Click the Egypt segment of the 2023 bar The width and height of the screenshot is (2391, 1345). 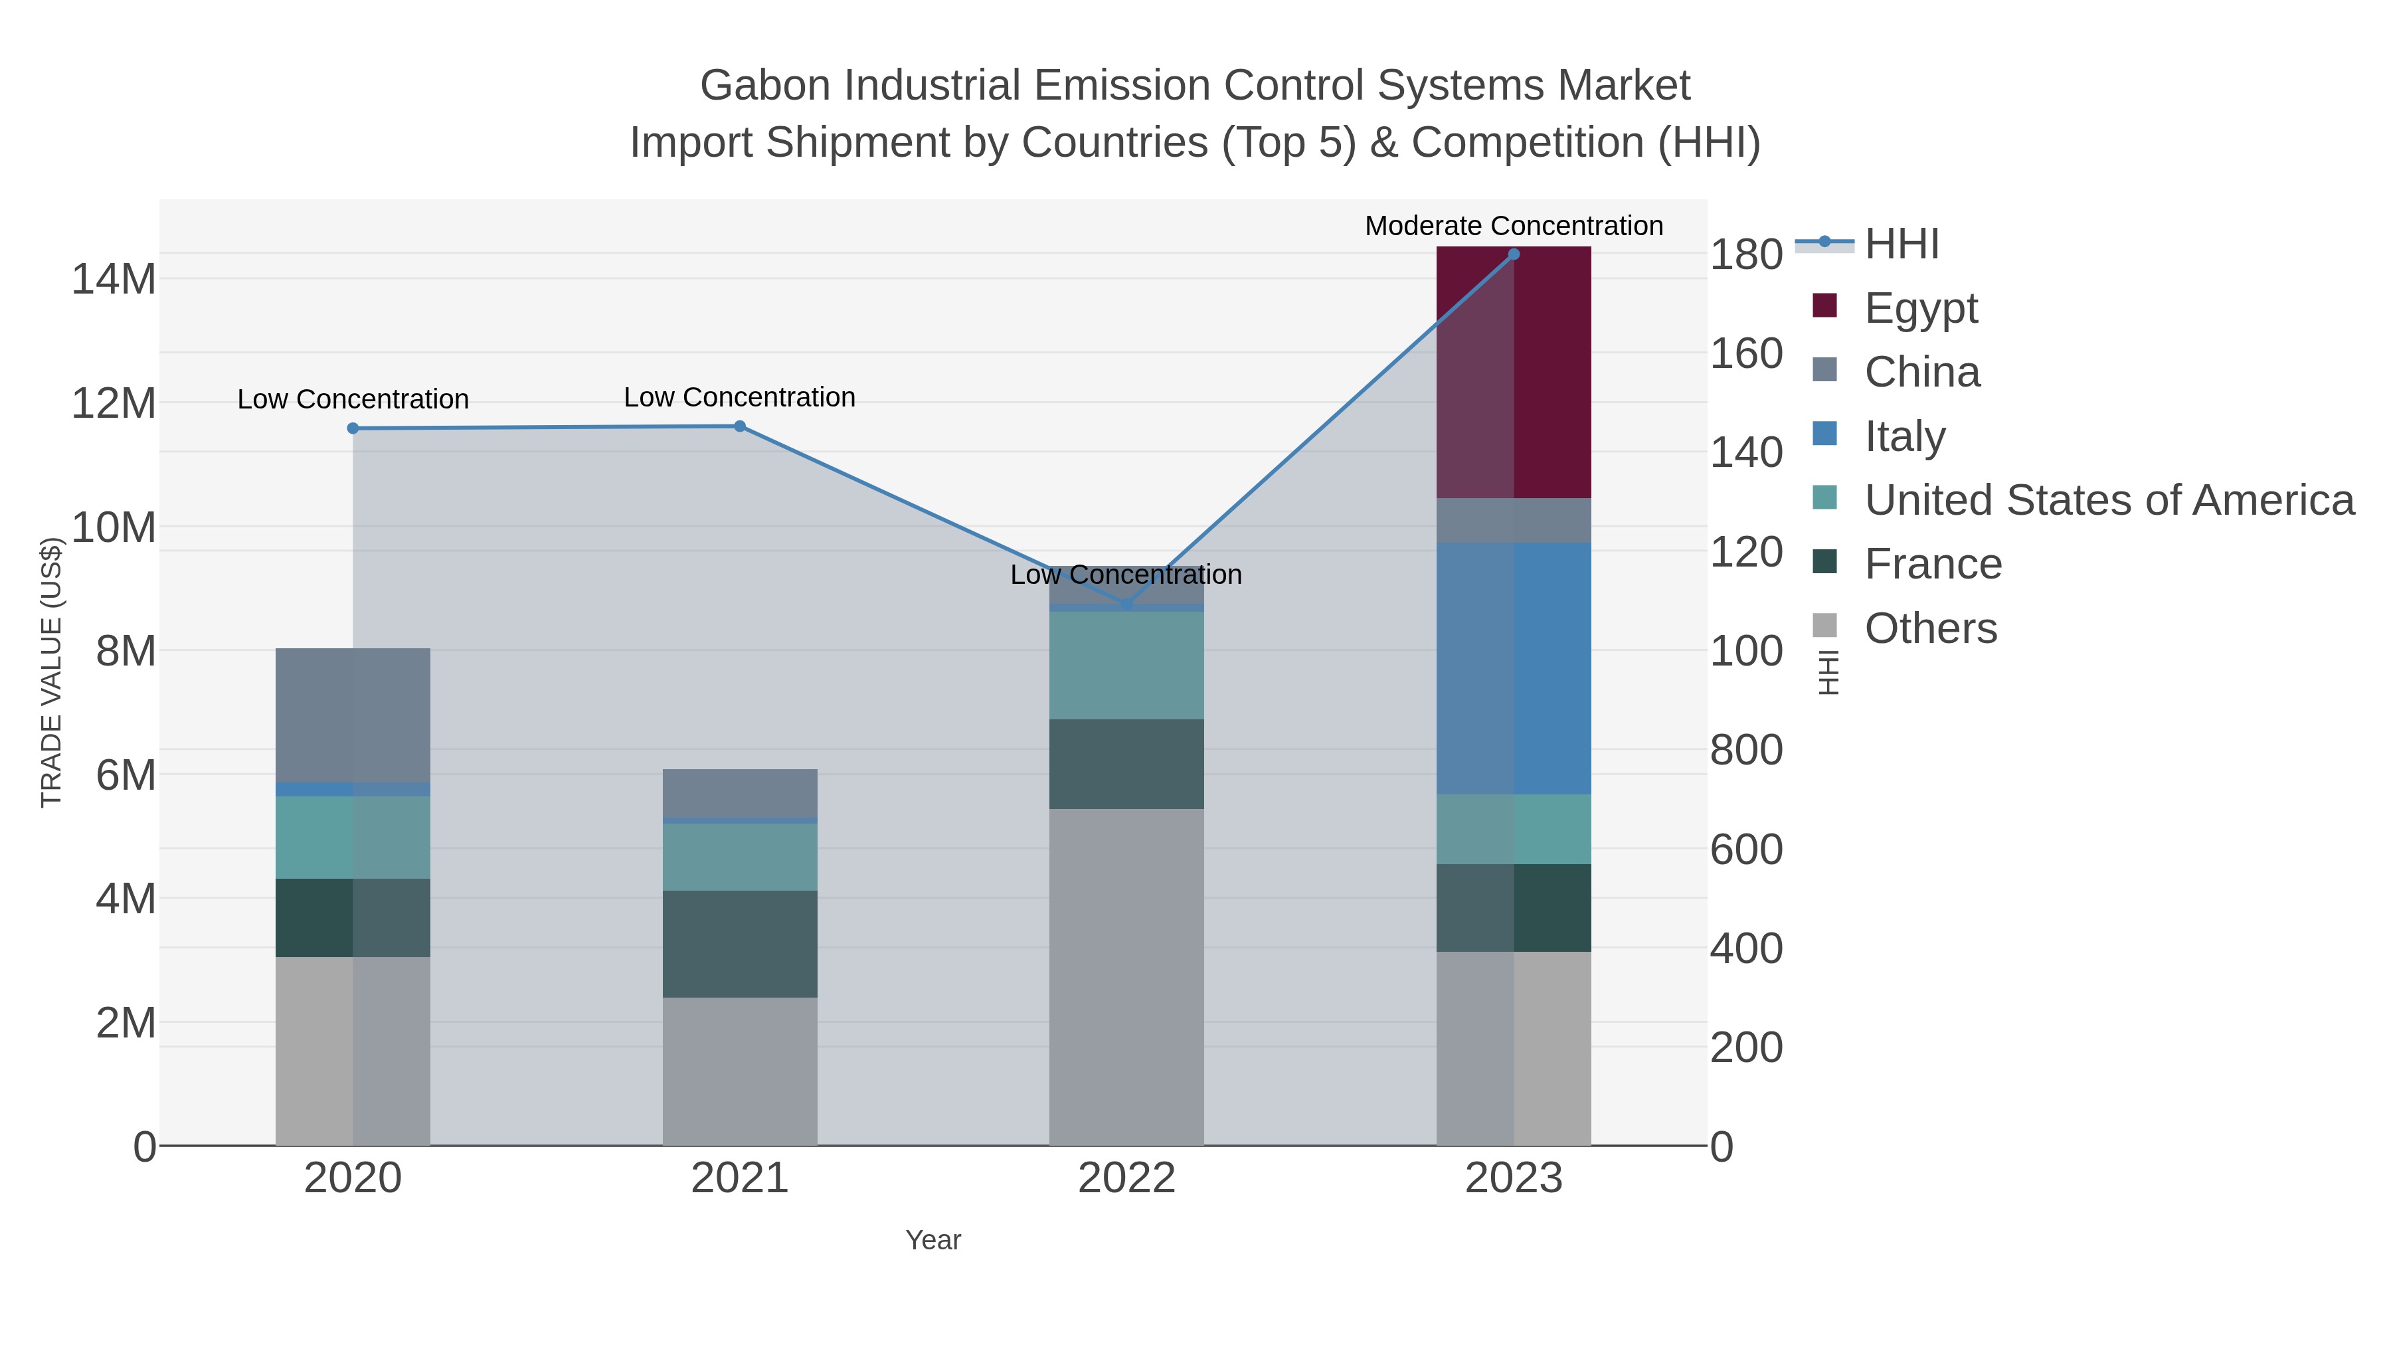(1514, 371)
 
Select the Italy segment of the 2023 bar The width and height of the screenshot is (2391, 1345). (1514, 668)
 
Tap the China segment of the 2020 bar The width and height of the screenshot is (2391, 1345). (353, 715)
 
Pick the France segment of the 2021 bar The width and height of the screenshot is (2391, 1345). (740, 943)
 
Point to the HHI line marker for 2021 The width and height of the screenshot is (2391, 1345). (740, 426)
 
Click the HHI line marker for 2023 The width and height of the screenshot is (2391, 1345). (1514, 254)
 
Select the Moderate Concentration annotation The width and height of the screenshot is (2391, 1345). (1514, 226)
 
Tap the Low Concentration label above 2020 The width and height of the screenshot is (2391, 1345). (353, 399)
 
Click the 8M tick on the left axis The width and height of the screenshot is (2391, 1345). (126, 651)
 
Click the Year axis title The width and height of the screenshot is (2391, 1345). (933, 1240)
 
